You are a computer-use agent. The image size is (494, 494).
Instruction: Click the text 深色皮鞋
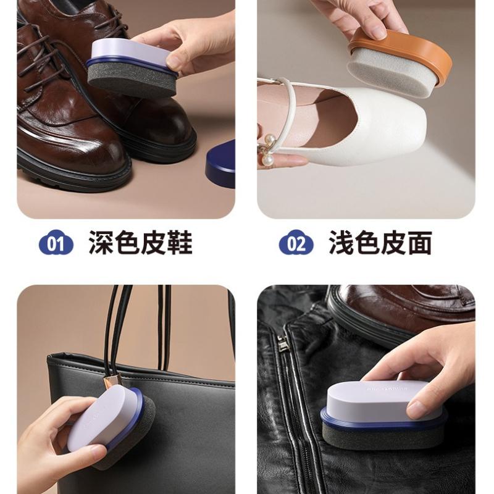tap(140, 243)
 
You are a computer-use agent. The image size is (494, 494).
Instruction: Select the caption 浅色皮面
tap(380, 243)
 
